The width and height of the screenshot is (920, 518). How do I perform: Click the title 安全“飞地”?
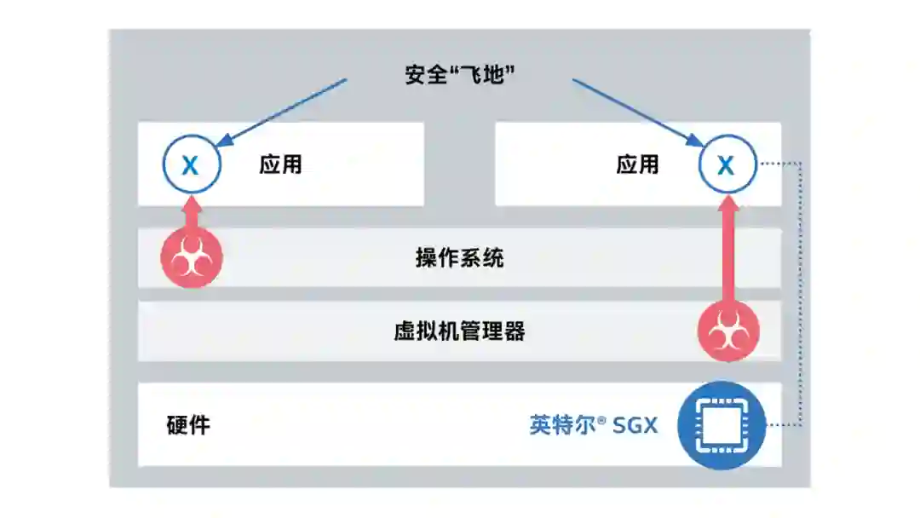pyautogui.click(x=461, y=75)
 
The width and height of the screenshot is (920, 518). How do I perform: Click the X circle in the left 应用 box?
pyautogui.click(x=191, y=164)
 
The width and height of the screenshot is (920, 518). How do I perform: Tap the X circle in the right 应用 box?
pyautogui.click(x=727, y=164)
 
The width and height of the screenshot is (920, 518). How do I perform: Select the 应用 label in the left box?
pyautogui.click(x=280, y=164)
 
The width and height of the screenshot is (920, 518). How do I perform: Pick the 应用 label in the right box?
pyautogui.click(x=637, y=164)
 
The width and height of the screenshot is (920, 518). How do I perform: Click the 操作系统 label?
pyautogui.click(x=459, y=258)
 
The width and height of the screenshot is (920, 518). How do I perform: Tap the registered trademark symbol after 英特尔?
pyautogui.click(x=602, y=419)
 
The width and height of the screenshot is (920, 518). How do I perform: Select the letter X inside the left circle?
pyautogui.click(x=191, y=165)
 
